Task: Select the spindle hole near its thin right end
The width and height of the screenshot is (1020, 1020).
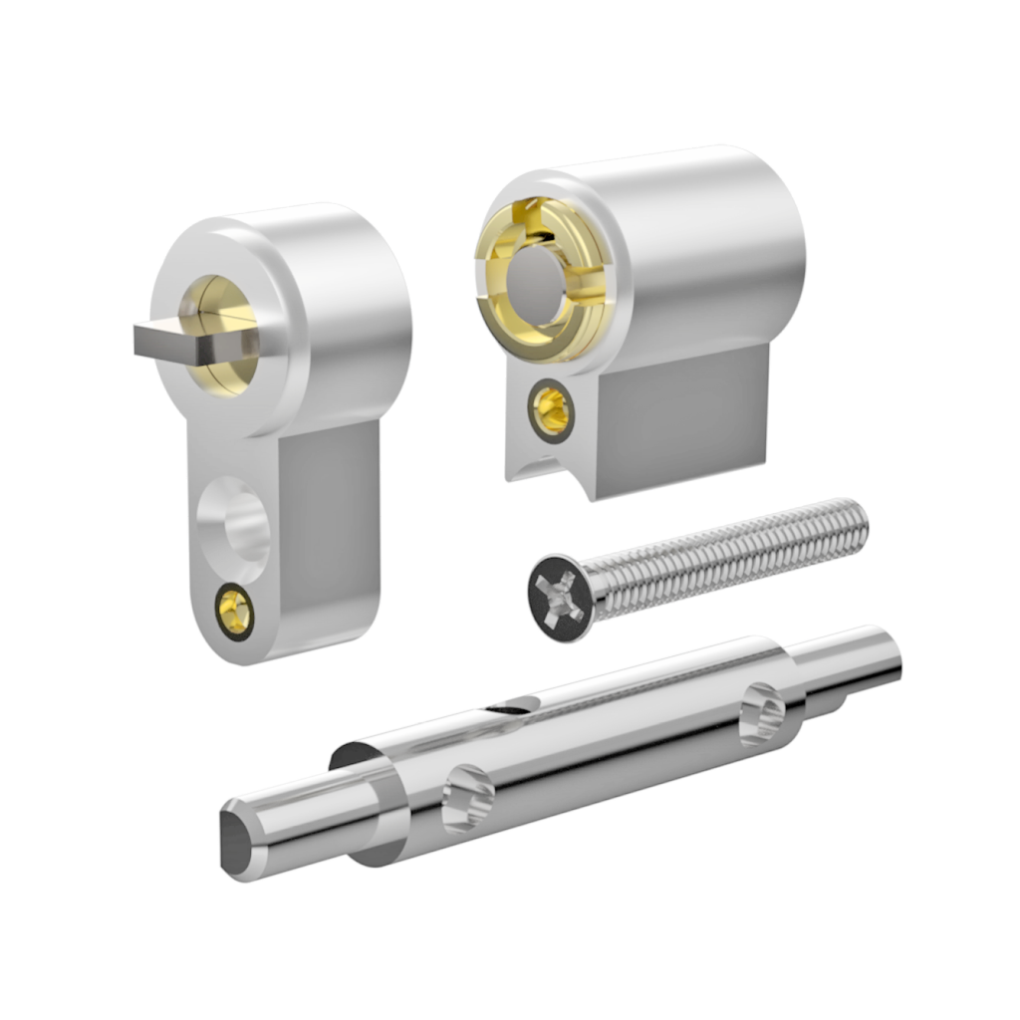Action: pyautogui.click(x=764, y=712)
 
